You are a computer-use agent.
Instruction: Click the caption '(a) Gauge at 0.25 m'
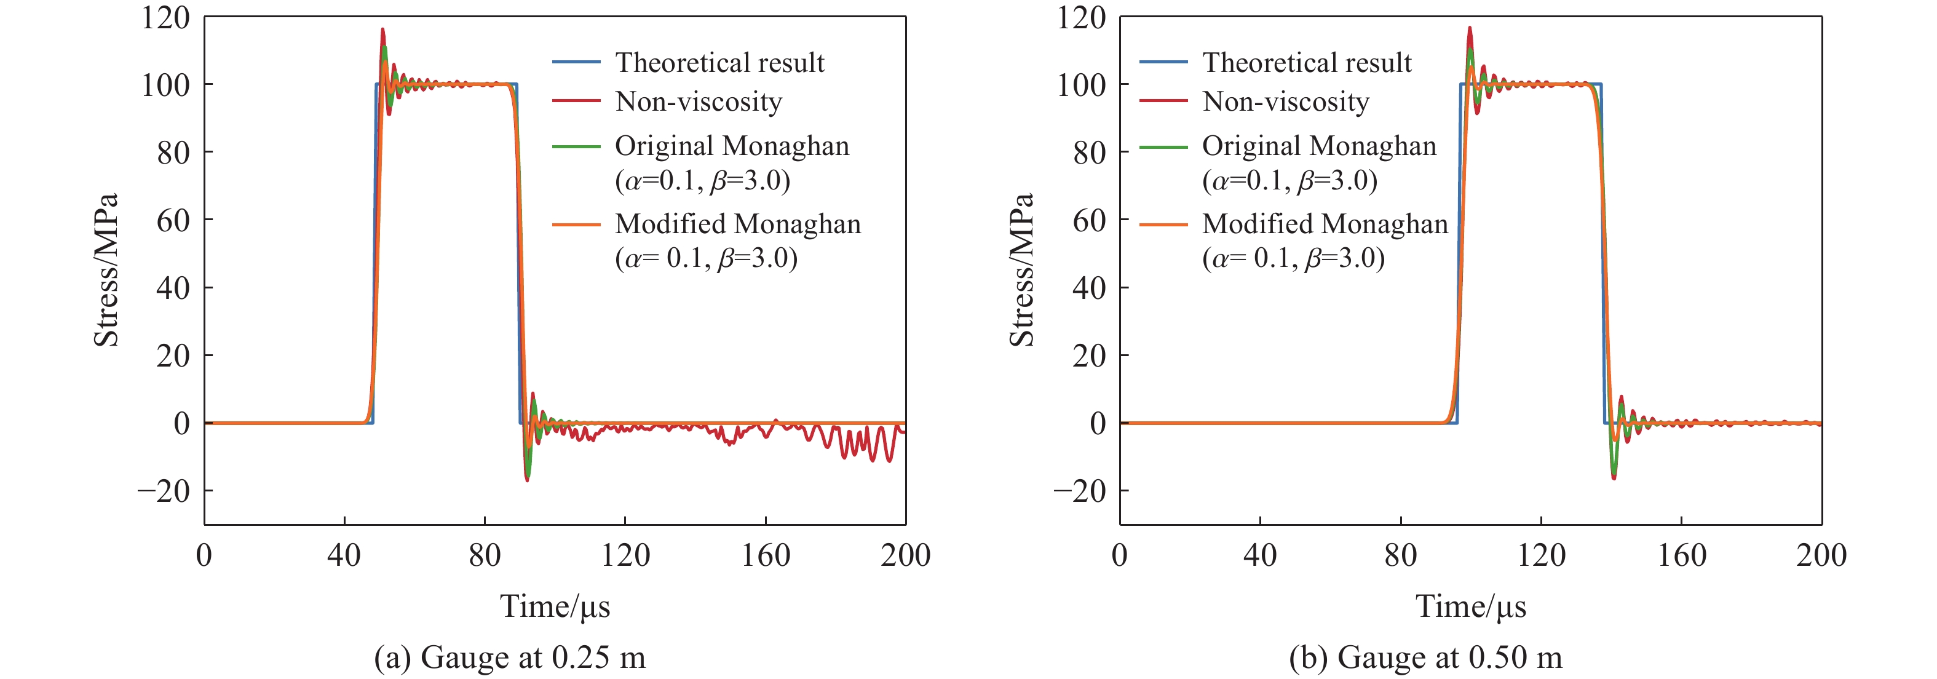[510, 657]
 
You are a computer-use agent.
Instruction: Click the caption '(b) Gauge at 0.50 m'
[1425, 657]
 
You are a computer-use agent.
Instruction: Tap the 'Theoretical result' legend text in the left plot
[719, 62]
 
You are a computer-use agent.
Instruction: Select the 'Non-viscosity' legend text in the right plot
[1286, 101]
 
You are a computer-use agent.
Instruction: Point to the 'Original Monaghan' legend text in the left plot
[732, 146]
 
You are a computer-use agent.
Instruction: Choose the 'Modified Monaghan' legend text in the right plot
[1325, 224]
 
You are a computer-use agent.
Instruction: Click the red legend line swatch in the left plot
[576, 101]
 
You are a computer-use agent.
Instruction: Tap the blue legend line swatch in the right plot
[1163, 62]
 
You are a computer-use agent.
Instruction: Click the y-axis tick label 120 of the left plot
[165, 17]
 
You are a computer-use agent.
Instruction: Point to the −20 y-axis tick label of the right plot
[1080, 491]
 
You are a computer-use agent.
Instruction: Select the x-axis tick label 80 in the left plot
[485, 555]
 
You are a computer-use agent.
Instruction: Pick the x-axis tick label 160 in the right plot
[1681, 555]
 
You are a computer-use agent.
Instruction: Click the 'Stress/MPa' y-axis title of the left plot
[106, 270]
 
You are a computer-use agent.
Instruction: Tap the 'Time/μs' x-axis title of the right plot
[1471, 606]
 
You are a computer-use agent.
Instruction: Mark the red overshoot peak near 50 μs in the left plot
[382, 30]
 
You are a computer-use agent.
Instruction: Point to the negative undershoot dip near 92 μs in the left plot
[527, 479]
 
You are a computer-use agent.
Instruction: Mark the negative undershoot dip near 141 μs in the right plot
[1614, 477]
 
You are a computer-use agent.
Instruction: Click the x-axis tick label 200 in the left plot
[905, 555]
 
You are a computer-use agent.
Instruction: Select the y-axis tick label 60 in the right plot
[1089, 220]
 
